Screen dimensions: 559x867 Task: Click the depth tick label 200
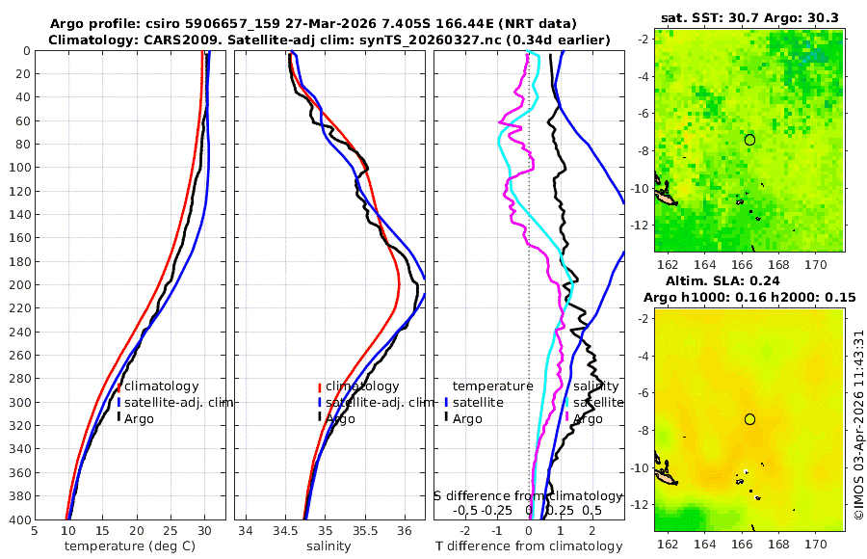[16, 285]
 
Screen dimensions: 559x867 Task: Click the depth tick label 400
[16, 519]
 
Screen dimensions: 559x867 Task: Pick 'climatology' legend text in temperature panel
[162, 386]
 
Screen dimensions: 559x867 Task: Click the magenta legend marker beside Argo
[567, 418]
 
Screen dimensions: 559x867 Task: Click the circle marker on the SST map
[749, 140]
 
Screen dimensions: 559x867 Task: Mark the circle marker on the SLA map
[749, 419]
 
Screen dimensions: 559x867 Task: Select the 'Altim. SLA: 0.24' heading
[749, 279]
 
